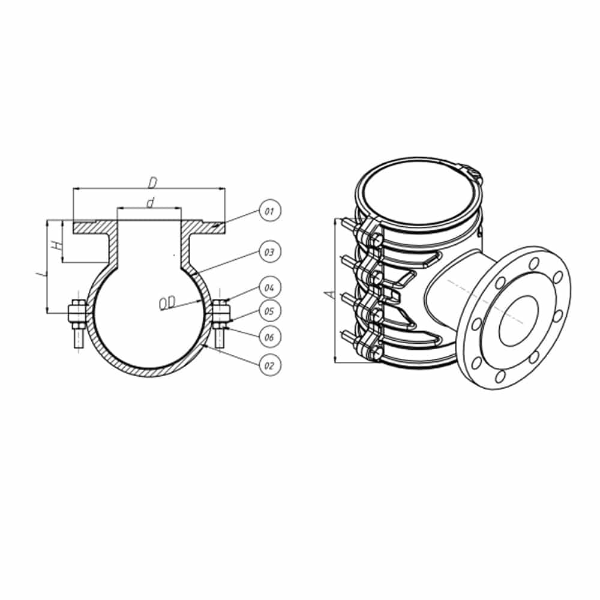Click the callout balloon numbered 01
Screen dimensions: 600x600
pos(269,211)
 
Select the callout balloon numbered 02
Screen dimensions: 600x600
pos(269,364)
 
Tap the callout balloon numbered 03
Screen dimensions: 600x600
pos(269,252)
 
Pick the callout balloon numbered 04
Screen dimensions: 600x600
pos(269,288)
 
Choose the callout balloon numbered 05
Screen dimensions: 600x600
pos(269,311)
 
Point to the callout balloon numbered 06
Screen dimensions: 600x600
pos(269,337)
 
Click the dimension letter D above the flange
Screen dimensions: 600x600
pos(152,181)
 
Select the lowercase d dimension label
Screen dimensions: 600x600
pos(150,203)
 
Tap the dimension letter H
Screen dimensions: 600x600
pos(56,245)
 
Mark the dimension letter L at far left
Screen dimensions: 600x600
pos(40,275)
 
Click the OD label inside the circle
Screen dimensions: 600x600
pos(167,304)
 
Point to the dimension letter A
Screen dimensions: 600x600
pos(327,294)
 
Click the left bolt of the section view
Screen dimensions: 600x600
pos(77,321)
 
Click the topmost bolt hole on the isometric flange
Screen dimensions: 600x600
pos(532,263)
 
